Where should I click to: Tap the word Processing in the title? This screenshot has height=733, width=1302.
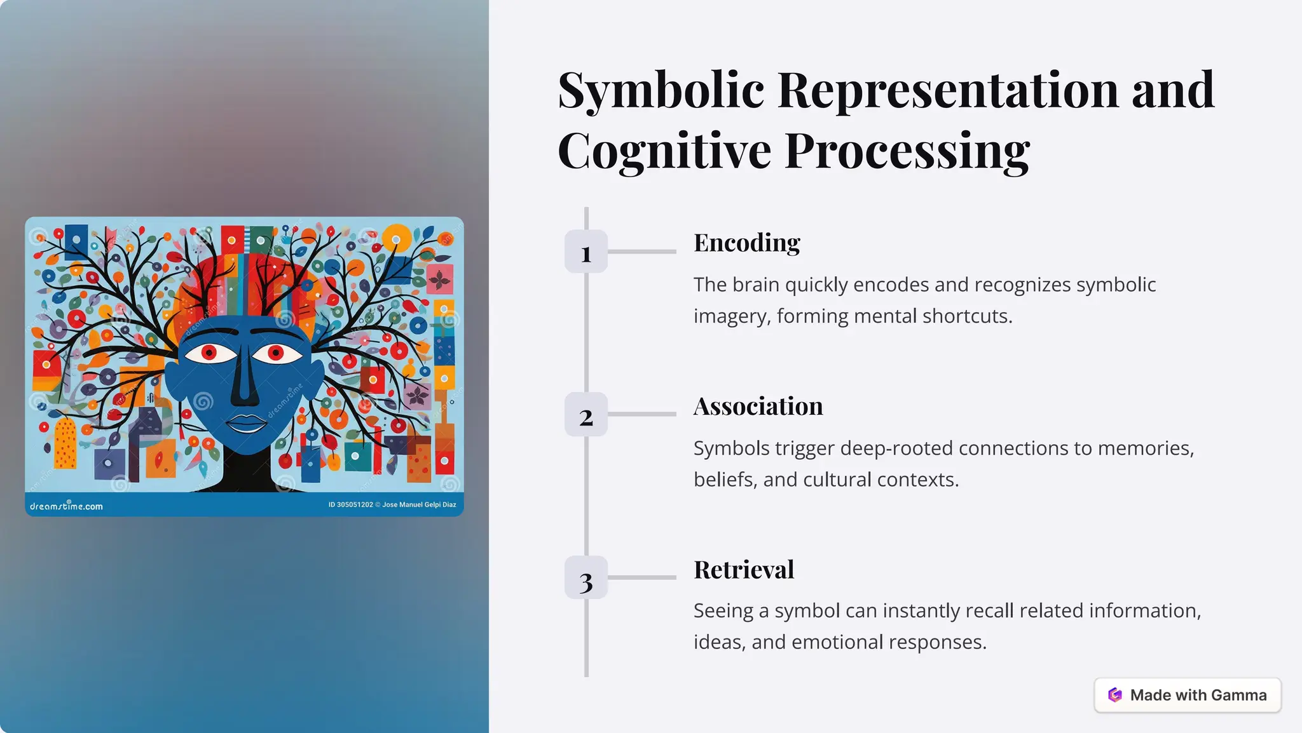[x=907, y=152]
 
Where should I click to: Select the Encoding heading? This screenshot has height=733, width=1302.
[x=746, y=243]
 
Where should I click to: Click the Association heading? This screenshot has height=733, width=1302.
[x=758, y=407]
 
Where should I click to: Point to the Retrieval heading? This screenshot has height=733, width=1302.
[x=743, y=570]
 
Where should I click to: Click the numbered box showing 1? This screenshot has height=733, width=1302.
[x=586, y=252]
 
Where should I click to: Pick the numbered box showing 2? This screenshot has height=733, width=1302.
[x=586, y=415]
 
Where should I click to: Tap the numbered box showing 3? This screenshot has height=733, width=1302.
[x=586, y=578]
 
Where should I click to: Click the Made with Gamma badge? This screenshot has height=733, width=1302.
[x=1187, y=696]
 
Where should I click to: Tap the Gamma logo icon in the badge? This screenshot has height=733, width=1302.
[x=1114, y=696]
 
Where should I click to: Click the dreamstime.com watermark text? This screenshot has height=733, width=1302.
[x=66, y=506]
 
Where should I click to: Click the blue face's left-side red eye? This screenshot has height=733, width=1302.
[x=209, y=353]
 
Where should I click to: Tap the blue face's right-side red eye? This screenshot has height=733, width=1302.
[x=276, y=353]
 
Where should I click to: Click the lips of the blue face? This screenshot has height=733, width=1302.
[x=246, y=422]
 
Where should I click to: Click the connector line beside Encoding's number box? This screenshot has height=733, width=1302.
[x=641, y=252]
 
